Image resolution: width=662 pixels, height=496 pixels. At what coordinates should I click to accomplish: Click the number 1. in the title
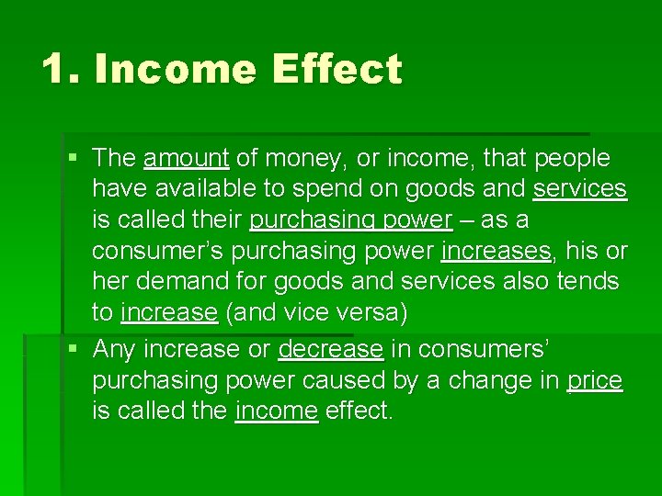pyautogui.click(x=60, y=70)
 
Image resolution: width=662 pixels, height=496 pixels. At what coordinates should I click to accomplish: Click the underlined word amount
pyautogui.click(x=186, y=158)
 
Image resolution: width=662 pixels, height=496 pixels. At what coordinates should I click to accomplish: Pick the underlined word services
pyautogui.click(x=579, y=189)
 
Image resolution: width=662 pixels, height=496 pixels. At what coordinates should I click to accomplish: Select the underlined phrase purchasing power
pyautogui.click(x=350, y=221)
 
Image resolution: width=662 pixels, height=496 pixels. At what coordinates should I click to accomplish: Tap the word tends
pyautogui.click(x=588, y=282)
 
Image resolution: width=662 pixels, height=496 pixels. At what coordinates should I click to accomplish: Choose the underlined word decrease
pyautogui.click(x=330, y=349)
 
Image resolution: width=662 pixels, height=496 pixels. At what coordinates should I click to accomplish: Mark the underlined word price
pyautogui.click(x=595, y=380)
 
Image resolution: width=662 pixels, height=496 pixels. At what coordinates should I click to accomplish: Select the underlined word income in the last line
pyautogui.click(x=276, y=411)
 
